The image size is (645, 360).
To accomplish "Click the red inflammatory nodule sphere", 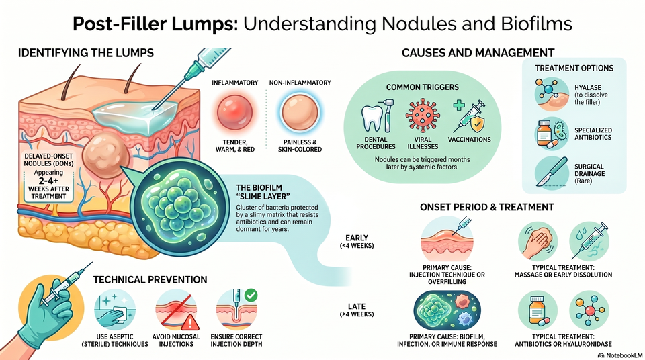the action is (234, 112).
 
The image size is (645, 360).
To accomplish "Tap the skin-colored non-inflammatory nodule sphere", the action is (300, 112).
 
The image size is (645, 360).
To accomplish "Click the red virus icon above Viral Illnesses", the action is (423, 116).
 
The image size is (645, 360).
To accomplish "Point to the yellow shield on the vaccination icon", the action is (477, 123).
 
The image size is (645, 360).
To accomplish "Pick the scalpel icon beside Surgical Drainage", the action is (552, 173).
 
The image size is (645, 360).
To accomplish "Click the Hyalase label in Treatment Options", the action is (588, 87).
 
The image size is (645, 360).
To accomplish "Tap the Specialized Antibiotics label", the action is (593, 134).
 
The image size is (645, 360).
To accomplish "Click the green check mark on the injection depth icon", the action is (251, 295).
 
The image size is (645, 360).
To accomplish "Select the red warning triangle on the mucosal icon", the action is (189, 322).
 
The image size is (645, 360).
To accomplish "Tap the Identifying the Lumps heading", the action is (86, 53).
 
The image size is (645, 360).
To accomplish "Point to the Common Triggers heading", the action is (423, 87).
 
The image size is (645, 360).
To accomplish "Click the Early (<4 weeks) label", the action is (357, 242).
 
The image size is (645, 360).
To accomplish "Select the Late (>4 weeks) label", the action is (357, 310).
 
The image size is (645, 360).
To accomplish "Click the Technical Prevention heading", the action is (150, 280).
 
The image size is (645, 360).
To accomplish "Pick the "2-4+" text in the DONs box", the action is (48, 181).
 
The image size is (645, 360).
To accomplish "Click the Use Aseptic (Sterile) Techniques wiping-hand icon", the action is (115, 310).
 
